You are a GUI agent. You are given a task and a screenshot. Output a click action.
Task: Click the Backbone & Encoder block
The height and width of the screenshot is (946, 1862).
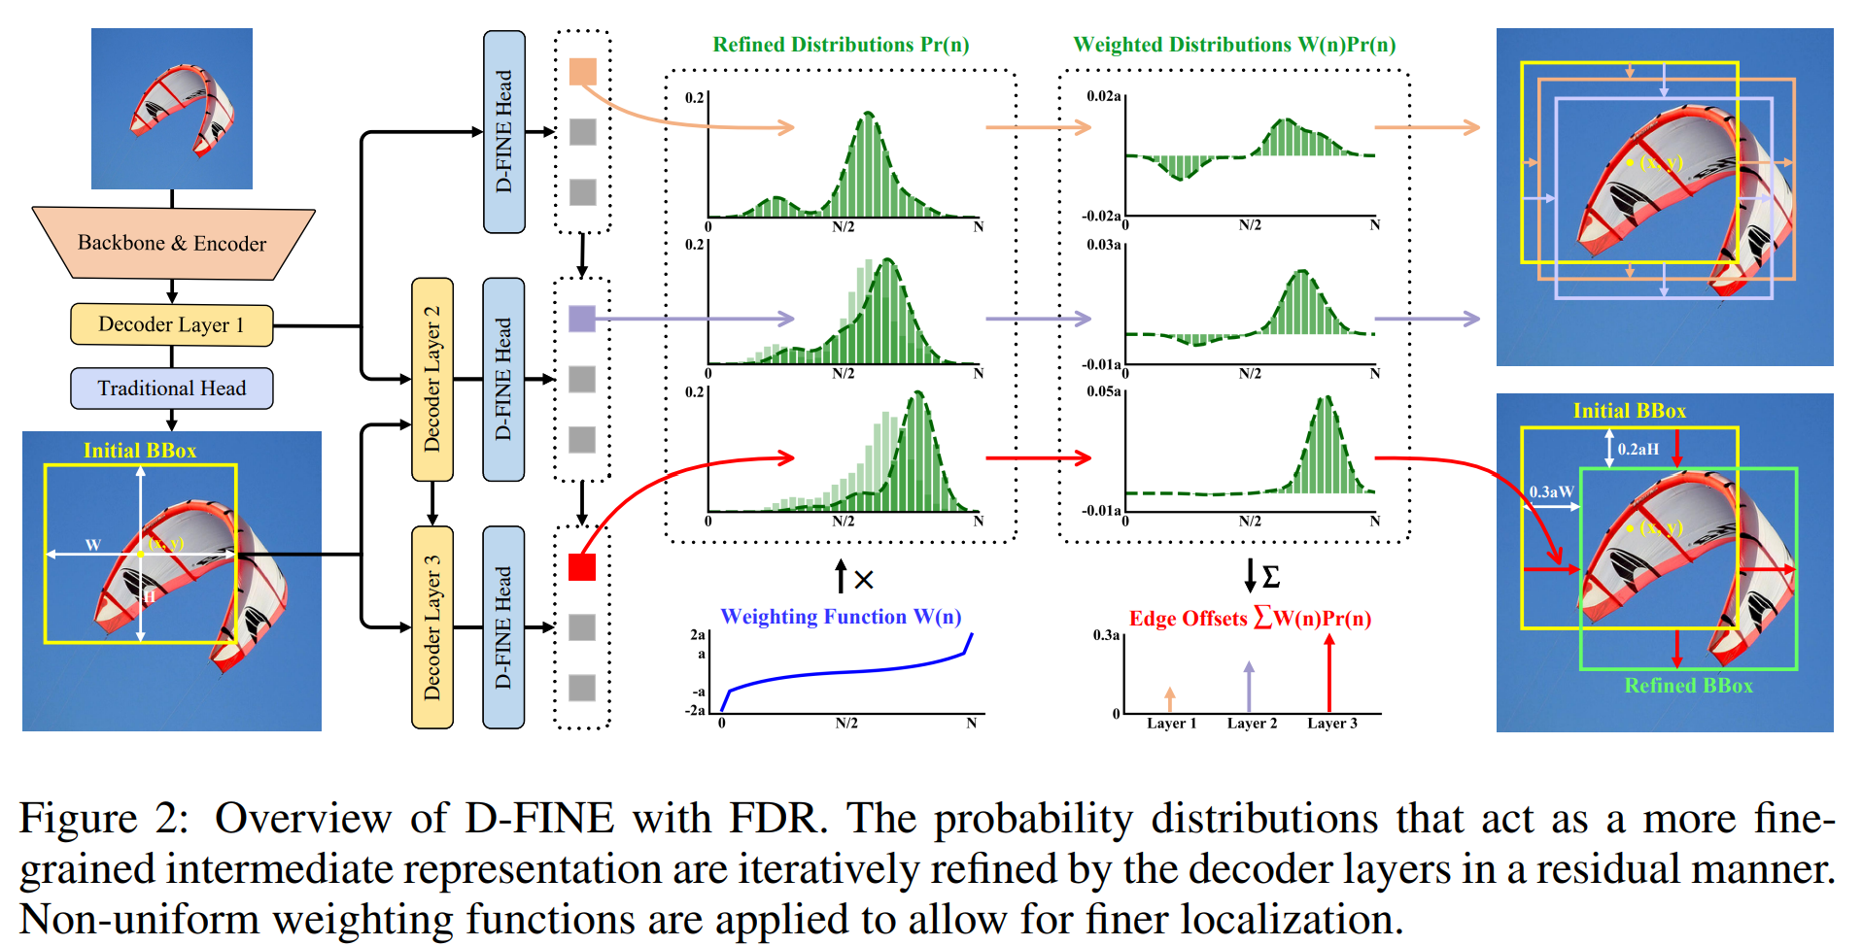[172, 243]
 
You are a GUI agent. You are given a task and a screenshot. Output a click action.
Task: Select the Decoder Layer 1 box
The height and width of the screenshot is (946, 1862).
[171, 324]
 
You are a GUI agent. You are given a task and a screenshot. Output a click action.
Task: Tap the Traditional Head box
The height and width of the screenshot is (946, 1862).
[171, 389]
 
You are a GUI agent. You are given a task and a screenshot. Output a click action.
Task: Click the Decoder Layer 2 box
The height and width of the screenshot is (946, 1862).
[432, 379]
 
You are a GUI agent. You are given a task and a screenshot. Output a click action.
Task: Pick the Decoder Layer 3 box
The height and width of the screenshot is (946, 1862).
[432, 627]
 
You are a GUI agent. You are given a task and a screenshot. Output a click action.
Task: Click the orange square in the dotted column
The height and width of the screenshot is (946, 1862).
[582, 71]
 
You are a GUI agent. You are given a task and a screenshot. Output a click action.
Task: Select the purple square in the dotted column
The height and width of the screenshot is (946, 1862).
[582, 319]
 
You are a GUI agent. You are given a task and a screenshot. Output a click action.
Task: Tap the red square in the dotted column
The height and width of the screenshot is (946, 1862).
[582, 567]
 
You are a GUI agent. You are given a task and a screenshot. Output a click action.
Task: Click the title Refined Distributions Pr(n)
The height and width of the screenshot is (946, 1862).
[841, 45]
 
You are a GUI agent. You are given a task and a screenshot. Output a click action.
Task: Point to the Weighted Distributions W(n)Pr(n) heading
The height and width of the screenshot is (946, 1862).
[1234, 45]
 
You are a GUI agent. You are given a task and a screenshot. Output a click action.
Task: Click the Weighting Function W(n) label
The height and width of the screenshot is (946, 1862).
[841, 617]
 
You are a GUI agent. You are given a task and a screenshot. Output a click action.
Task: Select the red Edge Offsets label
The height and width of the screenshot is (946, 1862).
[1250, 619]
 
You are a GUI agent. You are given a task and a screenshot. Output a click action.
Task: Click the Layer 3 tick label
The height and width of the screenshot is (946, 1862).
[1331, 724]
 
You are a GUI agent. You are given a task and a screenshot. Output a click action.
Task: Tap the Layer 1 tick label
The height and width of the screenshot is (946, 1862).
[1171, 724]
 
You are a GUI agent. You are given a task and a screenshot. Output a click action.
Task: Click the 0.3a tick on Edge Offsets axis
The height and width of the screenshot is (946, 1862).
[1106, 635]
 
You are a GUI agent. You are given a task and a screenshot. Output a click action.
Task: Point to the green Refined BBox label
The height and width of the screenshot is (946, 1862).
[1688, 686]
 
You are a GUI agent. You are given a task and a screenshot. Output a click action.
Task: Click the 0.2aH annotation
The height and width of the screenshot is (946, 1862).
[1638, 449]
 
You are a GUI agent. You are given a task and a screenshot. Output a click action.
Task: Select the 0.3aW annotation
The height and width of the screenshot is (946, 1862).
[1551, 491]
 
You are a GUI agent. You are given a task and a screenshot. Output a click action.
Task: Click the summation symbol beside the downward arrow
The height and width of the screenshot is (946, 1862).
[1270, 577]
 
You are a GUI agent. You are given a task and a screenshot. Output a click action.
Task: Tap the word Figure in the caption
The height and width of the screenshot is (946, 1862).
[78, 819]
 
